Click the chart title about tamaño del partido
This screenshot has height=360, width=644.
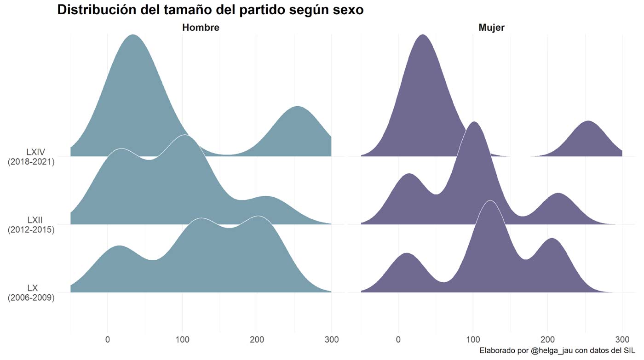click(x=210, y=10)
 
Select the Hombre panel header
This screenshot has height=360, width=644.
click(x=201, y=28)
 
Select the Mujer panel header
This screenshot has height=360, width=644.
click(x=491, y=28)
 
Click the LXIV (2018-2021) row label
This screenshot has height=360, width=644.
click(x=31, y=157)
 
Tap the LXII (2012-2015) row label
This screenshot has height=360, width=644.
click(x=31, y=224)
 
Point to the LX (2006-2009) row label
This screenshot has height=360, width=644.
click(x=31, y=292)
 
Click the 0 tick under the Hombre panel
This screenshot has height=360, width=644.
click(x=108, y=340)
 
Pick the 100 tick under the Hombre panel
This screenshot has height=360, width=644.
click(x=182, y=340)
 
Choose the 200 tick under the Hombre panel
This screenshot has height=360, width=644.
click(x=257, y=340)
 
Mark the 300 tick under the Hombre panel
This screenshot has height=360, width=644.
click(x=331, y=340)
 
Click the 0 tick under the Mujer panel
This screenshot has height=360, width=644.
click(x=398, y=340)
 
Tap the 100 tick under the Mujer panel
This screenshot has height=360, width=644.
click(x=473, y=340)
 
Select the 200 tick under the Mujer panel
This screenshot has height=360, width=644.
click(x=547, y=340)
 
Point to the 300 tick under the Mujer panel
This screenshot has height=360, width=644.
click(x=622, y=340)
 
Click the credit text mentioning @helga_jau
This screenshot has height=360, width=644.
click(x=557, y=351)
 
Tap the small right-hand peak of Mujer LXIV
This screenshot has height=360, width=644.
click(x=588, y=121)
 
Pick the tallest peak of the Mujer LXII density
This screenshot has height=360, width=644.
click(x=473, y=122)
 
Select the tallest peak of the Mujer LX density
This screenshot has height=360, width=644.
click(x=490, y=201)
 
